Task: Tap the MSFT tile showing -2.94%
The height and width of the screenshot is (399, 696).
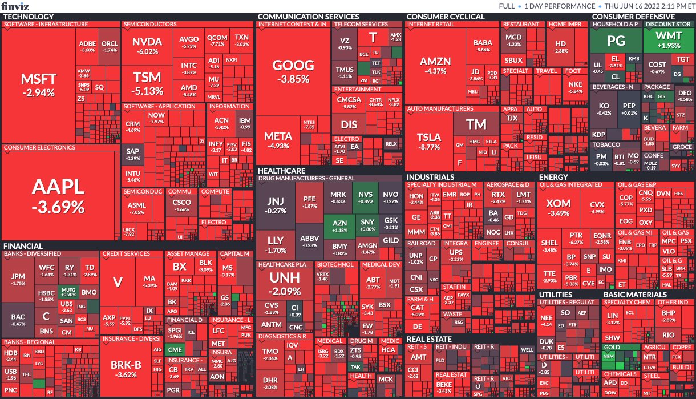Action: click(x=38, y=84)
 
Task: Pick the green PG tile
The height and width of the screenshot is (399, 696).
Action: click(x=616, y=41)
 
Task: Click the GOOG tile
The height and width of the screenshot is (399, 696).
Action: click(x=293, y=70)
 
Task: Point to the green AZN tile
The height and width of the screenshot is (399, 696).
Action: click(x=339, y=226)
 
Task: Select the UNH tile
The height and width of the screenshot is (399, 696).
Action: click(x=285, y=283)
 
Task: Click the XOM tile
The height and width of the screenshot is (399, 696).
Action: click(x=558, y=208)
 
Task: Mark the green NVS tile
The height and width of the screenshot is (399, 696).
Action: click(x=365, y=198)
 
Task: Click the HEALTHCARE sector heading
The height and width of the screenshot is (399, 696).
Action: click(x=281, y=171)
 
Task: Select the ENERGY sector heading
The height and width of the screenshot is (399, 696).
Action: click(x=553, y=177)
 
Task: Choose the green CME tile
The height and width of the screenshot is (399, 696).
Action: click(x=175, y=349)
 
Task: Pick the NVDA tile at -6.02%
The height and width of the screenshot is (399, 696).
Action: click(x=147, y=46)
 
